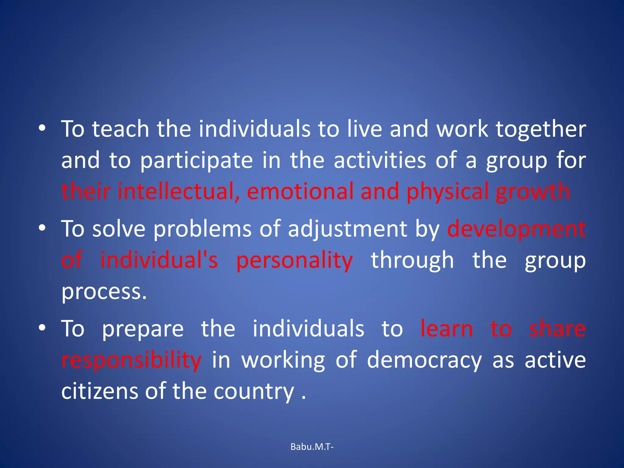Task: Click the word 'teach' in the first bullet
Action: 121,129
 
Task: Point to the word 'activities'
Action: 380,160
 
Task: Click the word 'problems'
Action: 202,229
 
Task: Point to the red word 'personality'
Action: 294,261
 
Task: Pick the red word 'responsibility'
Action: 131,361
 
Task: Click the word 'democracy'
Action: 424,361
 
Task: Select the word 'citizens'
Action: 100,391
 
